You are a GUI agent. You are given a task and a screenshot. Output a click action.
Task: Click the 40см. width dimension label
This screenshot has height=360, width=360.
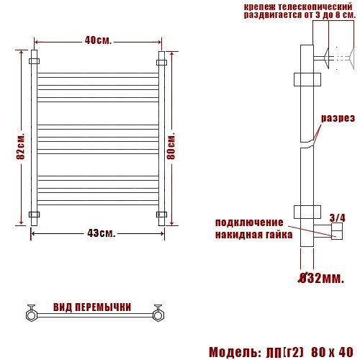pyautogui.click(x=99, y=41)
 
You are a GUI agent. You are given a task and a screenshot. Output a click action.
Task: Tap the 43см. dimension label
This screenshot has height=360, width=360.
pyautogui.click(x=102, y=233)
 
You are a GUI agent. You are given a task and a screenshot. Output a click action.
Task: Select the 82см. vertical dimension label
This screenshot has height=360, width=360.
pyautogui.click(x=21, y=146)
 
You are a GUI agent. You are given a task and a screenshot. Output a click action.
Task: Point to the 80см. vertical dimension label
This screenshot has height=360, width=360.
pyautogui.click(x=171, y=146)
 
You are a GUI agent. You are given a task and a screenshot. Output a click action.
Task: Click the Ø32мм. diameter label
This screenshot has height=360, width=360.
pyautogui.click(x=321, y=279)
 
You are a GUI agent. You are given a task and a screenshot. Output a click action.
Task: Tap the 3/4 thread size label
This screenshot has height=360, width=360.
pyautogui.click(x=338, y=218)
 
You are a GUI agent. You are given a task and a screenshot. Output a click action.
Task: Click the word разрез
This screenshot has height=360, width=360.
pyautogui.click(x=338, y=118)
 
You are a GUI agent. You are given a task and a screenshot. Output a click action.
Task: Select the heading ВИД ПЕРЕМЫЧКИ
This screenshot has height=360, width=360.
pyautogui.click(x=92, y=307)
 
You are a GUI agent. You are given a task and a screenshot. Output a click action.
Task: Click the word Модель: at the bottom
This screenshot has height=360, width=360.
pyautogui.click(x=235, y=352)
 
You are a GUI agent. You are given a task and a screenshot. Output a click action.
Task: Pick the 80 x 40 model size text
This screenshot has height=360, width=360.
pyautogui.click(x=332, y=352)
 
